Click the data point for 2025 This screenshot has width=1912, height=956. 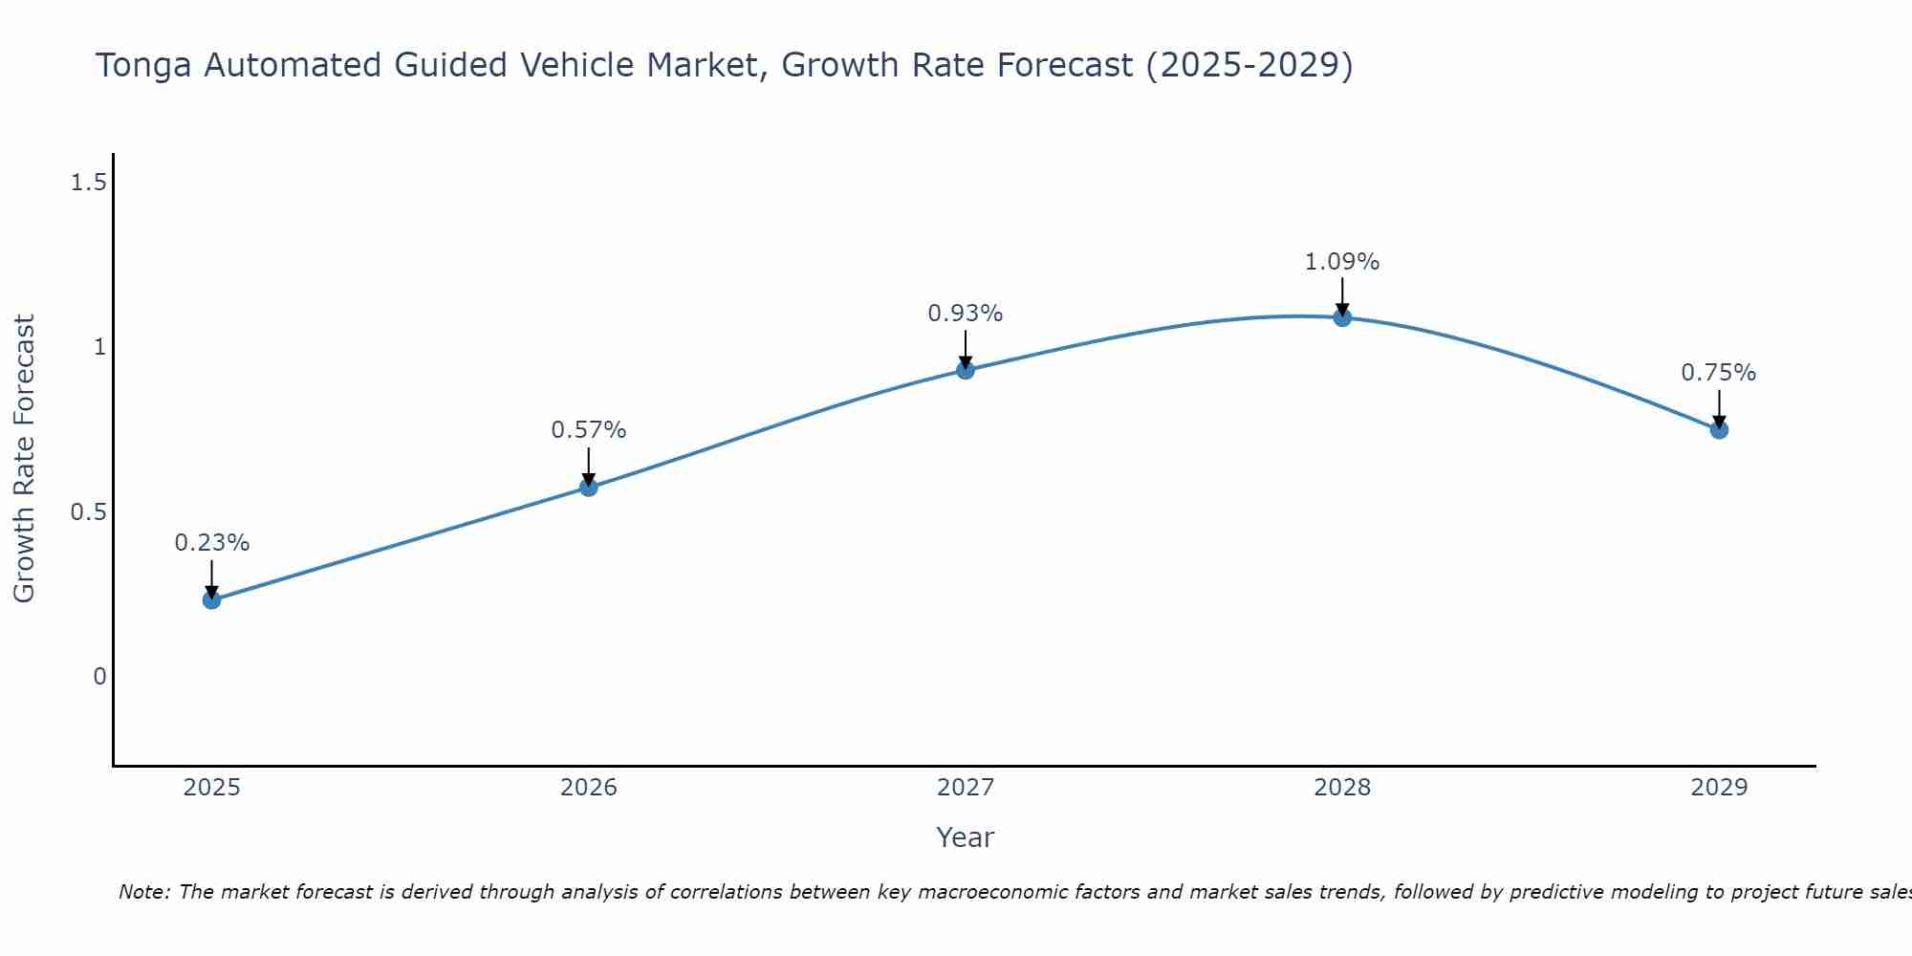(211, 600)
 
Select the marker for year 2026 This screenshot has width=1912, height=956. (589, 488)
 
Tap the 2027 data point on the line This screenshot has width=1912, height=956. (966, 370)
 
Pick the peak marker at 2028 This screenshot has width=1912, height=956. (1342, 317)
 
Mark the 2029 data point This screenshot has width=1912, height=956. (1719, 430)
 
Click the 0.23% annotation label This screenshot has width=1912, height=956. (211, 543)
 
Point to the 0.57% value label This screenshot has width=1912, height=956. (589, 430)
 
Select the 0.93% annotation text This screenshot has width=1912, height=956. (966, 314)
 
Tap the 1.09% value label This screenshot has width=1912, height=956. (1342, 262)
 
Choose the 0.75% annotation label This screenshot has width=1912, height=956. (1719, 373)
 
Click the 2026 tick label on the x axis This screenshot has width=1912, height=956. (589, 788)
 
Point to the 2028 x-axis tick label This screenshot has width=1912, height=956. (1342, 788)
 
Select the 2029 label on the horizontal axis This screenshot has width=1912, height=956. (1719, 788)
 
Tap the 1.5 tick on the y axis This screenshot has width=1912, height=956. (88, 182)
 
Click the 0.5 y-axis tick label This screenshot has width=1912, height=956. (88, 512)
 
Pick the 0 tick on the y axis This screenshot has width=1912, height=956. (99, 677)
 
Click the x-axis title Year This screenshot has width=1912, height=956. (966, 837)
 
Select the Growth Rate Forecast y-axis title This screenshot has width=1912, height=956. (24, 459)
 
